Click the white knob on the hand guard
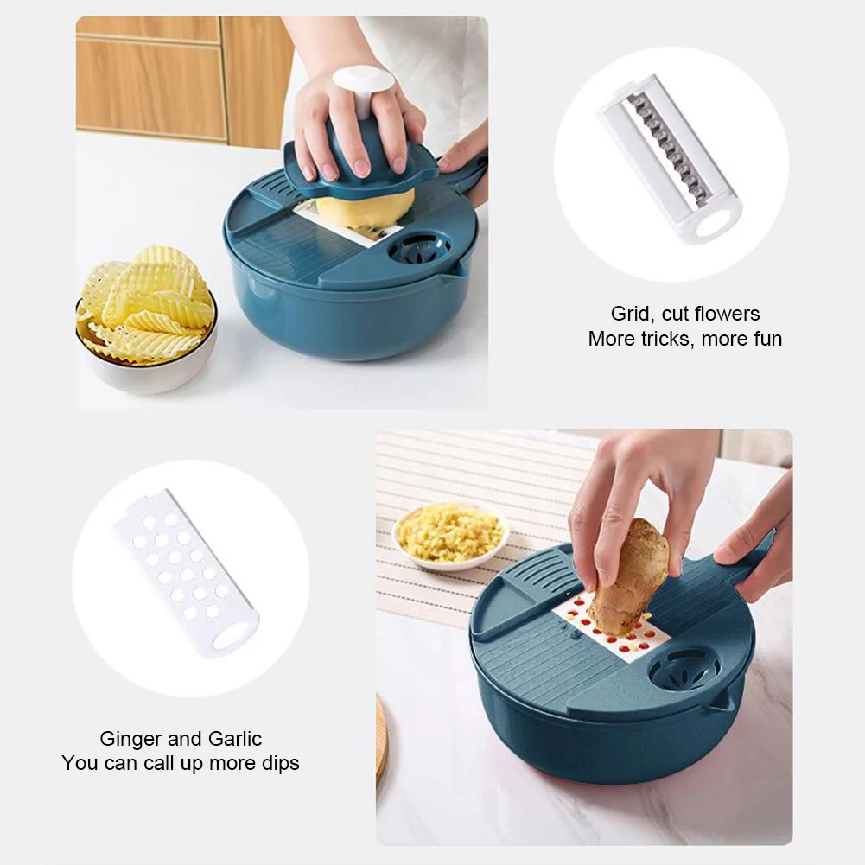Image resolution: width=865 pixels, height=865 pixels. coord(364,88)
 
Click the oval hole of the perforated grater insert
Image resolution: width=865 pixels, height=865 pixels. coord(231,637)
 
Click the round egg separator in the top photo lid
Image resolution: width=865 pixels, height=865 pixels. coord(419,251)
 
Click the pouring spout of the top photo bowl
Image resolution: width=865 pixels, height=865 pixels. coord(455,270)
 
